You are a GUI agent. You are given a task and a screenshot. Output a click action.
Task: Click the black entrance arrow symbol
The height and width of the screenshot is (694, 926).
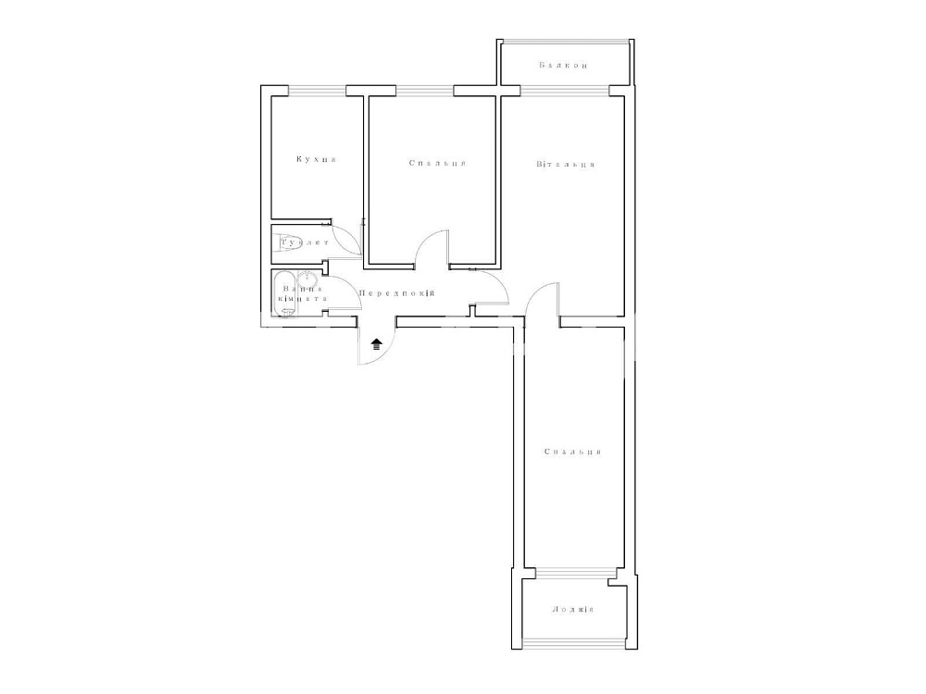pyautogui.click(x=377, y=344)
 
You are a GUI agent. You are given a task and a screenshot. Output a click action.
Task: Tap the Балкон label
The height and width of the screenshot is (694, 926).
pyautogui.click(x=563, y=66)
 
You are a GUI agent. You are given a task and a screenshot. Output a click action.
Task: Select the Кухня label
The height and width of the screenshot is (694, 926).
pyautogui.click(x=317, y=159)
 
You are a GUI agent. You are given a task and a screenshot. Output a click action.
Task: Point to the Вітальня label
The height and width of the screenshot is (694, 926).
pyautogui.click(x=565, y=164)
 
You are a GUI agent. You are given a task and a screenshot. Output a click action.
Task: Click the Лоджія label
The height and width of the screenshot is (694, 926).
pyautogui.click(x=572, y=610)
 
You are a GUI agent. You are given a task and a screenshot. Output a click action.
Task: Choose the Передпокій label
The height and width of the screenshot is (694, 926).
pyautogui.click(x=397, y=293)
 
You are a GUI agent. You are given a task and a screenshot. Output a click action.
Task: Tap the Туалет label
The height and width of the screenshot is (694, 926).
pyautogui.click(x=305, y=242)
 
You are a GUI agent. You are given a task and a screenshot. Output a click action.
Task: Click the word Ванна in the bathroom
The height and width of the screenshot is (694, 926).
pyautogui.click(x=303, y=289)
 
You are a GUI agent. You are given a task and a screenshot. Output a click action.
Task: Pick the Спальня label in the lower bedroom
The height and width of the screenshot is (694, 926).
pyautogui.click(x=572, y=452)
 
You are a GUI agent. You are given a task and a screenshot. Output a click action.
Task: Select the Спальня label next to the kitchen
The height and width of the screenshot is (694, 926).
pyautogui.click(x=438, y=163)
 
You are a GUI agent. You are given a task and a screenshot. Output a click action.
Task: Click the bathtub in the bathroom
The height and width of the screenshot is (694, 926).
pyautogui.click(x=284, y=294)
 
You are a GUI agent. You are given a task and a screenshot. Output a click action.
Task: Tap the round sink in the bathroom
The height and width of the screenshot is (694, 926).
pyautogui.click(x=307, y=279)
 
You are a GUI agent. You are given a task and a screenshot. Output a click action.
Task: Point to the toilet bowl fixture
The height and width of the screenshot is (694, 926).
pyautogui.click(x=289, y=242)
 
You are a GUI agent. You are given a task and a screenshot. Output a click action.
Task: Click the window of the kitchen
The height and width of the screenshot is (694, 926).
pyautogui.click(x=317, y=91)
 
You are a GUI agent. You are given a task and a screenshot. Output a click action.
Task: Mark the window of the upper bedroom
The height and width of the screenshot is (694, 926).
pyautogui.click(x=425, y=91)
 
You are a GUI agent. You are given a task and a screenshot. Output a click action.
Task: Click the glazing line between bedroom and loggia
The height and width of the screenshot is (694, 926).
pyautogui.click(x=572, y=571)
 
